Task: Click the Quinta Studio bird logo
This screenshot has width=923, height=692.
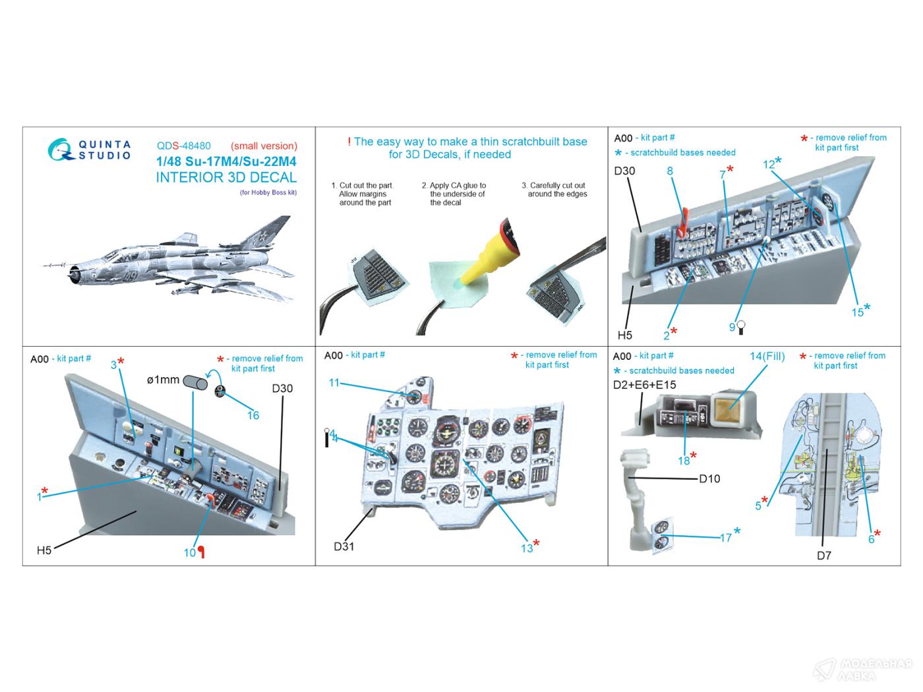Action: (61, 150)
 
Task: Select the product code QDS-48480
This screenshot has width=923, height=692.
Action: (184, 146)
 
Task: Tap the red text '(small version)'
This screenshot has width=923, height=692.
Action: (264, 146)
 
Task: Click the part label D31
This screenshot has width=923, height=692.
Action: (344, 546)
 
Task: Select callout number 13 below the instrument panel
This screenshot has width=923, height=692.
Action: (526, 548)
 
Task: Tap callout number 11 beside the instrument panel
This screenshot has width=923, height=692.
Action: (334, 383)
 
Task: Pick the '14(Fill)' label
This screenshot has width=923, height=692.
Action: (767, 357)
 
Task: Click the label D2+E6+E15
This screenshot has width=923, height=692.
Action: (644, 385)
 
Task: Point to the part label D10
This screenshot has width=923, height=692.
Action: (709, 478)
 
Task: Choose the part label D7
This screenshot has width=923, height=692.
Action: (824, 556)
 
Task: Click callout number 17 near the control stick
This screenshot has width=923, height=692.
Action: (725, 537)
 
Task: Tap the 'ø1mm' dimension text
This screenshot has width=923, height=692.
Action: (163, 380)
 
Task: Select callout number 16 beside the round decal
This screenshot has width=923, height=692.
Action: (253, 415)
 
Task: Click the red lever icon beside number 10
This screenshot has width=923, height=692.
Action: (202, 553)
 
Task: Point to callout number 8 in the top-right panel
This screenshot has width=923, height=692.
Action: (670, 171)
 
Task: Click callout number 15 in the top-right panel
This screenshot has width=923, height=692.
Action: (857, 312)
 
